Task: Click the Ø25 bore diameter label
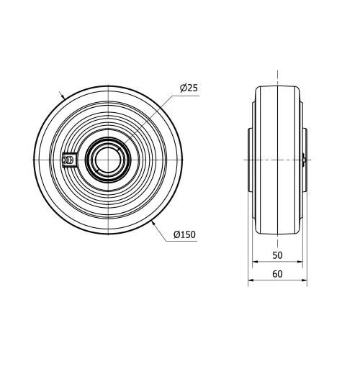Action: (189, 88)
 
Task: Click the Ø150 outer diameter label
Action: (185, 234)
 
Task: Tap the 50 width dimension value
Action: (277, 255)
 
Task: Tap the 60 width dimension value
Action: (277, 273)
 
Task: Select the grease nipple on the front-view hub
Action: (70, 160)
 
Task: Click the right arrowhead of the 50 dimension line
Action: (300, 263)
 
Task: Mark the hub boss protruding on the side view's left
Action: (250, 160)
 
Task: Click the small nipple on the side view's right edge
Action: (307, 160)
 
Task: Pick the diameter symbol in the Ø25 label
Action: (183, 88)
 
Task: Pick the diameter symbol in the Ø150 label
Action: (177, 234)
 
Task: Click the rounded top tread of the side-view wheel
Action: (277, 87)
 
